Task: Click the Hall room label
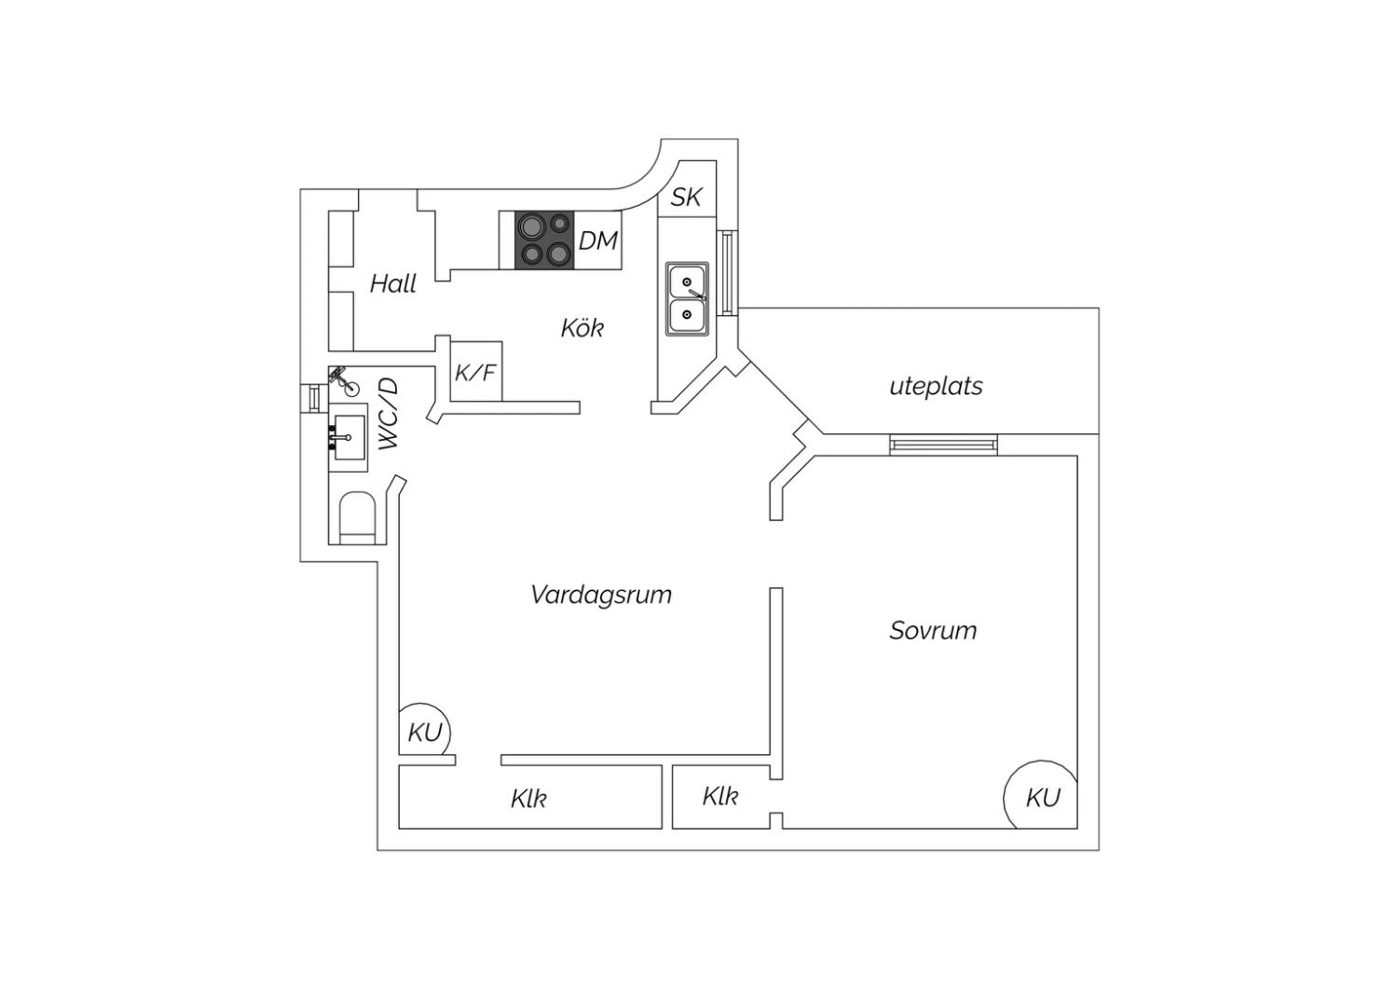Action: [393, 284]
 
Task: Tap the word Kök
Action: [582, 328]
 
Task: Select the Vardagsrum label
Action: [601, 595]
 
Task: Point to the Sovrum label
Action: [933, 630]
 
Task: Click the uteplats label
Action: [936, 387]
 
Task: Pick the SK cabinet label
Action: [686, 198]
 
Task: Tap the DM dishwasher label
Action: [598, 240]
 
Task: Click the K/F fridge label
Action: [475, 373]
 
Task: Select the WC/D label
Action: [389, 413]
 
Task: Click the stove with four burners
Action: [544, 240]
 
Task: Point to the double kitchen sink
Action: [687, 299]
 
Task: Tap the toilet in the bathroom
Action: [357, 518]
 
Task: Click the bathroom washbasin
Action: [349, 437]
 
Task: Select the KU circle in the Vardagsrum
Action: [424, 729]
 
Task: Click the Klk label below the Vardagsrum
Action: [528, 799]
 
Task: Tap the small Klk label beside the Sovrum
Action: [720, 796]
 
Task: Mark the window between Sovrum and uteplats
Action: [943, 445]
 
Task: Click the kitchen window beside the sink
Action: [727, 273]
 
